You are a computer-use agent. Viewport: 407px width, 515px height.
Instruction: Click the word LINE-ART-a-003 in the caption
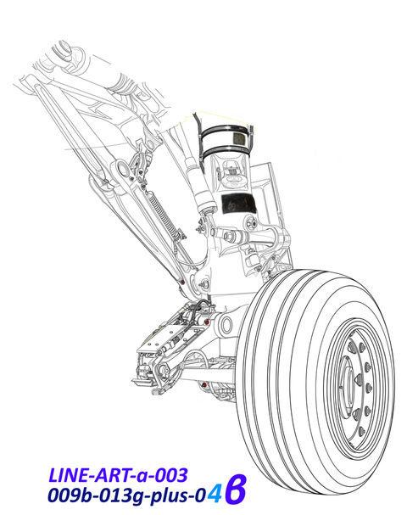coord(119,475)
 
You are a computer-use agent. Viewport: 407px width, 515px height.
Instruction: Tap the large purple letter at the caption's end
coord(236,489)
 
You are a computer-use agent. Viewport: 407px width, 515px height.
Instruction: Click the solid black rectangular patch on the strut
coord(236,204)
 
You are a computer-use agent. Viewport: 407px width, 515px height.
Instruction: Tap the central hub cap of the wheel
coord(348,382)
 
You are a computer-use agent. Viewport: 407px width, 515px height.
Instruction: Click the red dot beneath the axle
coord(204,384)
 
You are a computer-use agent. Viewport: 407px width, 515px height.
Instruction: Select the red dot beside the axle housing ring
coord(206,322)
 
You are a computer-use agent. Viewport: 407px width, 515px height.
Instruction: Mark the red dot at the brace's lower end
coord(183,282)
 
